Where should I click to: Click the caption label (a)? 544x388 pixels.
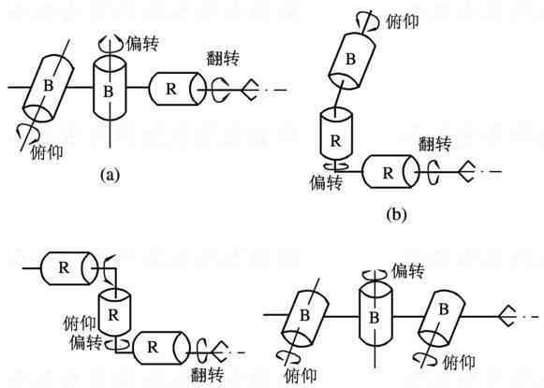(x=110, y=175)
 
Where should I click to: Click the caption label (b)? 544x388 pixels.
(x=396, y=214)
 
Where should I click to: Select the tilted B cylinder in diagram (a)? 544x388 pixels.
(x=49, y=90)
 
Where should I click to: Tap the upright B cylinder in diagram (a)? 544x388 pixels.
(x=110, y=88)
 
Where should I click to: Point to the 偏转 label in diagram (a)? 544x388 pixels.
(x=142, y=44)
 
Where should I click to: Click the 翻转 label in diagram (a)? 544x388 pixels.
(x=223, y=58)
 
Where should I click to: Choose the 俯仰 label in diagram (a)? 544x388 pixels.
(x=47, y=151)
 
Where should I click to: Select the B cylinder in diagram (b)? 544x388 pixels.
(x=352, y=61)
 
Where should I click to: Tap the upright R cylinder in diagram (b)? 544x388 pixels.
(x=335, y=135)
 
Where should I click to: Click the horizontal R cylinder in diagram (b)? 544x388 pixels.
(x=390, y=171)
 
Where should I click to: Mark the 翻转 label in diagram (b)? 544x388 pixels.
(x=434, y=143)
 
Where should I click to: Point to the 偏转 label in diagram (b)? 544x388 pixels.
(x=326, y=182)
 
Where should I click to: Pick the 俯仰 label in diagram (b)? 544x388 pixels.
(x=403, y=22)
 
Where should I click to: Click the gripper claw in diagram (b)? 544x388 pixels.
(x=466, y=171)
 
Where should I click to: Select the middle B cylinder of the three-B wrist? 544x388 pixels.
(x=375, y=316)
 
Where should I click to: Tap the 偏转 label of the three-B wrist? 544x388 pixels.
(x=408, y=270)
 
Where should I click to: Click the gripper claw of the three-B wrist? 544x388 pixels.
(x=507, y=316)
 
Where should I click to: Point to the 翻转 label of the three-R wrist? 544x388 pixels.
(x=208, y=375)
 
